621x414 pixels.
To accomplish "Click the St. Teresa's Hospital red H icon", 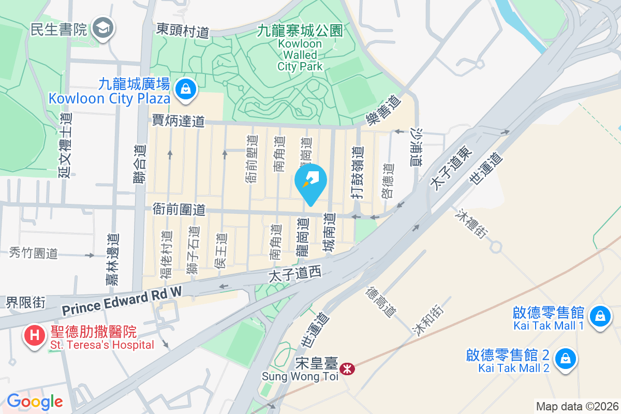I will pos(34,335).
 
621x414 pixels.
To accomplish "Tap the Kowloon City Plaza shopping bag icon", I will pos(184,90).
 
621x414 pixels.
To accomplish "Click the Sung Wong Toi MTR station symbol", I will pos(349,369).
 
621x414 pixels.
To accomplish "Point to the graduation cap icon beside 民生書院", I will pos(102,29).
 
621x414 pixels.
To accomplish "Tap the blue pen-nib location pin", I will pos(310,182).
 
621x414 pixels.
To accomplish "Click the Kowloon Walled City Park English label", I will pos(300,55).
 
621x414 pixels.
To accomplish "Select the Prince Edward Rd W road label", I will pos(122,301).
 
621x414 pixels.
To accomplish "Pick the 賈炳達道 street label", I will pos(178,121).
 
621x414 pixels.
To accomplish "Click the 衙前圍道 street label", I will pos(179,210).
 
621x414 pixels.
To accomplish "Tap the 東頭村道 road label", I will pos(183,31).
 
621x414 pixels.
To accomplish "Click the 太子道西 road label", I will pos(295,273).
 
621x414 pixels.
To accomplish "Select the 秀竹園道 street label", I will pos(34,253).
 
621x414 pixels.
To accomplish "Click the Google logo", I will pos(35,401).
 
